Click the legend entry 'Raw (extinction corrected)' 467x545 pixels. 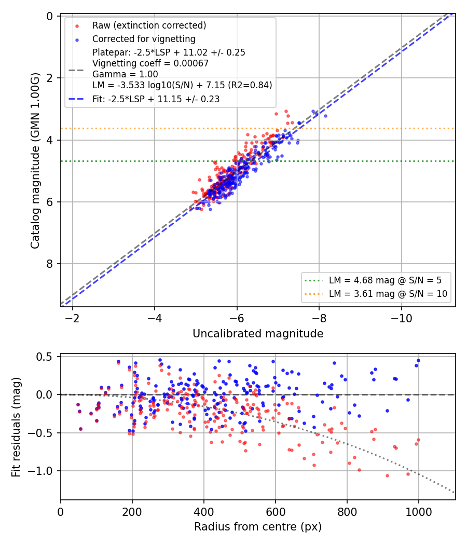pyautogui.click(x=149, y=25)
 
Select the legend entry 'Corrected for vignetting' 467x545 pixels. pyautogui.click(x=144, y=39)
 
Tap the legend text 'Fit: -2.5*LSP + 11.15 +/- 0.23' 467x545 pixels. pyautogui.click(x=156, y=99)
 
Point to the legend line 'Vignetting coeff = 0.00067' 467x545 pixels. pyautogui.click(x=150, y=63)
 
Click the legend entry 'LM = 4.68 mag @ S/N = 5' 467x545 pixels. pyautogui.click(x=386, y=280)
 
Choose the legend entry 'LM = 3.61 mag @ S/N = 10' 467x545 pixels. pyautogui.click(x=388, y=294)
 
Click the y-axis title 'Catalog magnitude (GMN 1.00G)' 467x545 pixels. pyautogui.click(x=35, y=160)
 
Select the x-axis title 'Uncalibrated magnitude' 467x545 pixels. pyautogui.click(x=258, y=334)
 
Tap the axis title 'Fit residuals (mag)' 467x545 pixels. pyautogui.click(x=16, y=427)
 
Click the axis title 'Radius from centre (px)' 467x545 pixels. pyautogui.click(x=258, y=527)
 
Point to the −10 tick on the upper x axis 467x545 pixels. pyautogui.click(x=401, y=318)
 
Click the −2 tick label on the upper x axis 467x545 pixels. pyautogui.click(x=72, y=318)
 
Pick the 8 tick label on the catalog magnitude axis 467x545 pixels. pyautogui.click(x=50, y=264)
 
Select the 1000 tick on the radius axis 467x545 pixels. pyautogui.click(x=418, y=512)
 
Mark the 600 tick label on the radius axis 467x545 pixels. pyautogui.click(x=276, y=512)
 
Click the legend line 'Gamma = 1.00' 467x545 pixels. pyautogui.click(x=125, y=74)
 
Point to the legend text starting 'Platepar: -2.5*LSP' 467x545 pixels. pyautogui.click(x=169, y=52)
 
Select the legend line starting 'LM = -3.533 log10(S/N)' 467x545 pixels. pyautogui.click(x=182, y=85)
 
